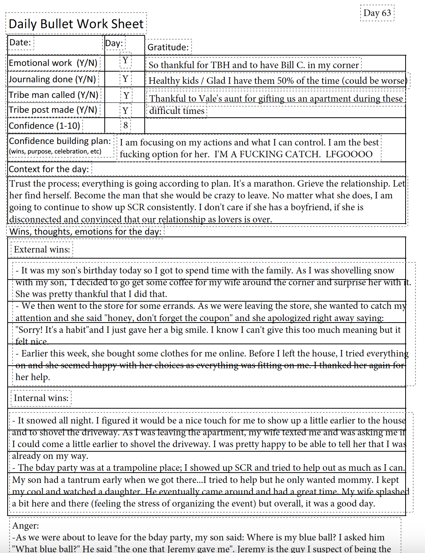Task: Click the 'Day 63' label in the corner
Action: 377,13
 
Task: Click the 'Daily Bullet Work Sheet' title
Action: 76,24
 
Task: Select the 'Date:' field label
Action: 20,42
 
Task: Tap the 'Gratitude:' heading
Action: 168,47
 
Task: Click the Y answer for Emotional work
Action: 125,61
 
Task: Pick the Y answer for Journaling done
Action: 125,79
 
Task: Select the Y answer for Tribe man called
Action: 126,95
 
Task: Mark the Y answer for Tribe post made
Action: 125,111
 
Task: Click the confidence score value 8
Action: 126,125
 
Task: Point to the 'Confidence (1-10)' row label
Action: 45,126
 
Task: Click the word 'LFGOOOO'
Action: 349,154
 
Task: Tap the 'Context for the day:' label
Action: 49,169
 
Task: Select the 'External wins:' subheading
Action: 42,249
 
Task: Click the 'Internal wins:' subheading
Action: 41,398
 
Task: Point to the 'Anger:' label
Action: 26,526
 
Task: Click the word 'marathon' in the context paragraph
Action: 273,184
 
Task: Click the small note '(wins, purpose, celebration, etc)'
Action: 55,151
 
